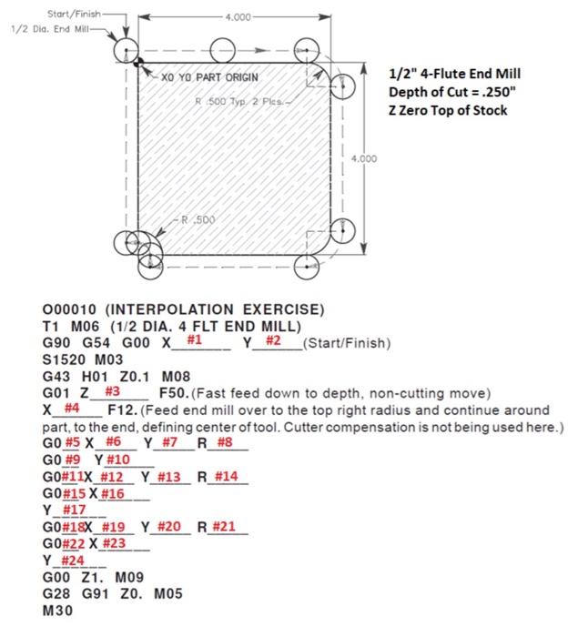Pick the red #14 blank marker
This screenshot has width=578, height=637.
point(227,476)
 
